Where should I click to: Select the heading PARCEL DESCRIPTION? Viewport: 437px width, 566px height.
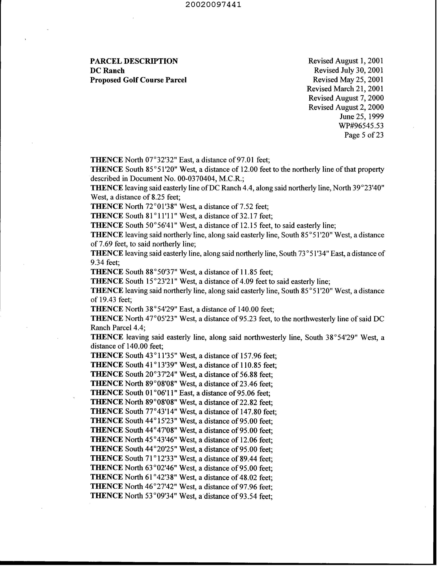[x=134, y=61]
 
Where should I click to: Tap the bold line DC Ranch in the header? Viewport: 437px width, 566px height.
[x=107, y=70]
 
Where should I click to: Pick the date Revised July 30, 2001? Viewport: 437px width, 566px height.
[x=348, y=70]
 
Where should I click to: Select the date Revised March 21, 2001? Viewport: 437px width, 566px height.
[x=345, y=89]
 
